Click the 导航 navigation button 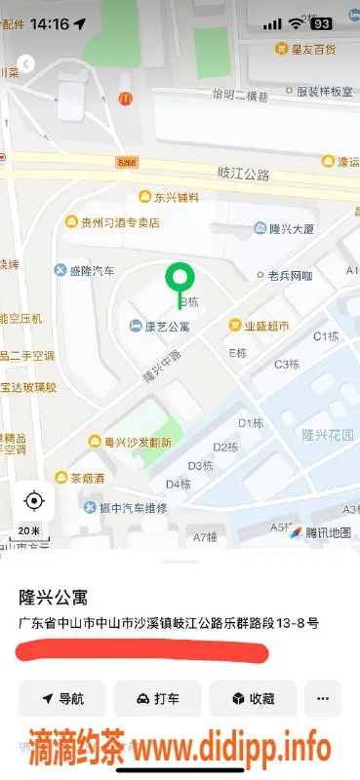coord(63,698)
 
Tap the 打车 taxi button coord(157,698)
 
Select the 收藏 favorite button coord(252,698)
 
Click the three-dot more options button coord(323,698)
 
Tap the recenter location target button coord(34,501)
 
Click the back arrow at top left coord(26,63)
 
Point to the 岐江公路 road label coord(243,174)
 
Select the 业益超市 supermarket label coord(265,326)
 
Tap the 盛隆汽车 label coord(92,270)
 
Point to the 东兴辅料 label coord(176,197)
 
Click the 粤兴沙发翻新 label coord(138,442)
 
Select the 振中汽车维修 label coord(134,508)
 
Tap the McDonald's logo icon coord(125,97)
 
